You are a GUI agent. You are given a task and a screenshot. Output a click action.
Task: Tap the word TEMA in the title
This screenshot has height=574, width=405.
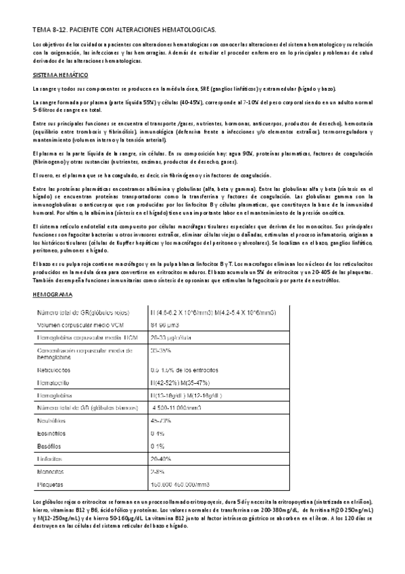tap(42, 31)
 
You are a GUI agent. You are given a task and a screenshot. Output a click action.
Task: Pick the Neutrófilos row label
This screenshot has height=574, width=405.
tap(55, 420)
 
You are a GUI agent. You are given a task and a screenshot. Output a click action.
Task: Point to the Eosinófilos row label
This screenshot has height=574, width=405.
tap(55, 433)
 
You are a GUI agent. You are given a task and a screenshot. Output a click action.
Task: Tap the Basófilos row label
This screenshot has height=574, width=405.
tap(53, 446)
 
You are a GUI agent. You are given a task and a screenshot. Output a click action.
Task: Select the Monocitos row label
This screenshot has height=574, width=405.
tap(53, 472)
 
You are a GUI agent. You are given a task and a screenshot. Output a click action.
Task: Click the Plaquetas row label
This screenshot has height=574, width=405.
tap(53, 484)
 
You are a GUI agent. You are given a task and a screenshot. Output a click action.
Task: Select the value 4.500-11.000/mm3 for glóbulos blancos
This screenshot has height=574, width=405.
tap(178, 407)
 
